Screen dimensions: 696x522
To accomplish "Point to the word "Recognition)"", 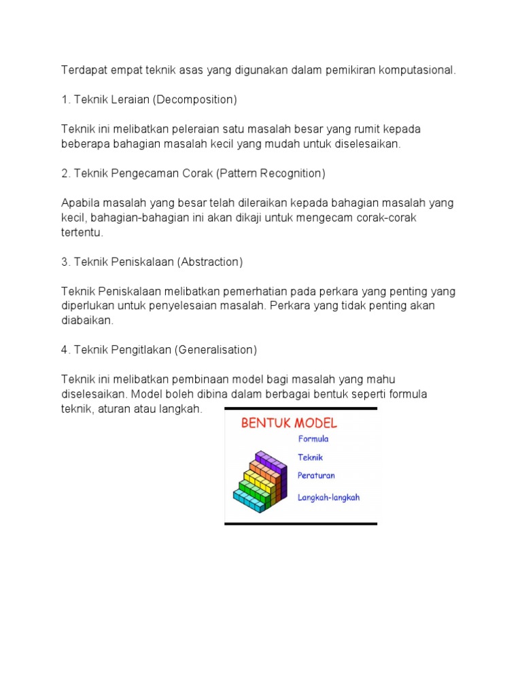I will click(292, 173).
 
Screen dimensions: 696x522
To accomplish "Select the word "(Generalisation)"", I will click(216, 350).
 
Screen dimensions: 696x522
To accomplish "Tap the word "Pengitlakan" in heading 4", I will click(141, 350).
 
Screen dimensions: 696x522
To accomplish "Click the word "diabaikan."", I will click(88, 320).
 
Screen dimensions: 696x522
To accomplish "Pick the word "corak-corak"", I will click(387, 217).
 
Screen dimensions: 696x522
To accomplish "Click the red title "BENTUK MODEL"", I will click(289, 423).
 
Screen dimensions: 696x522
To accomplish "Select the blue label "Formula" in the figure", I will click(313, 439).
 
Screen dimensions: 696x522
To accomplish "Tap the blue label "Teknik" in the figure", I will click(311, 457).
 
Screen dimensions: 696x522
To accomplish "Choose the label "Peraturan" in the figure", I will click(316, 475).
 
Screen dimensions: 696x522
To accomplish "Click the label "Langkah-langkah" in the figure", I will click(329, 497).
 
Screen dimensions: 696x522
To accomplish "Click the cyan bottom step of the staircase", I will click(249, 501).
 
